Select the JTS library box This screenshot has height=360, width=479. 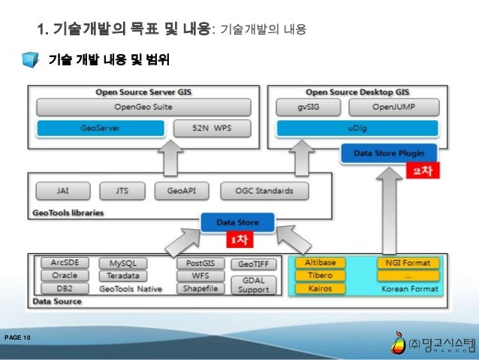pos(122,190)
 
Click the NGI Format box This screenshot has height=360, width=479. pos(407,263)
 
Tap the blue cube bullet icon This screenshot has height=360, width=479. pos(29,60)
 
